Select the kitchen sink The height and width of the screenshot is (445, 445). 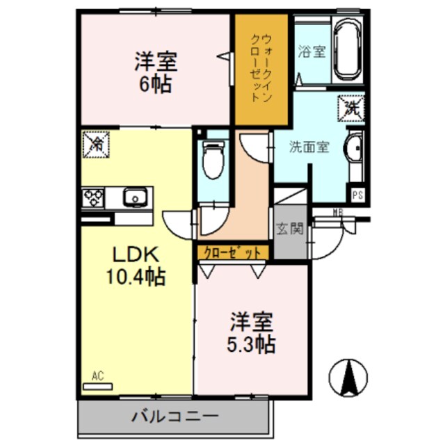pyautogui.click(x=133, y=198)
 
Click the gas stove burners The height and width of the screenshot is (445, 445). pyautogui.click(x=94, y=198)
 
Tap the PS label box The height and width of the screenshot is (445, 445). pyautogui.click(x=357, y=196)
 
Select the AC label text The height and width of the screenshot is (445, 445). pyautogui.click(x=97, y=376)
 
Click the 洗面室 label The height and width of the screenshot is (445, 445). pyautogui.click(x=309, y=147)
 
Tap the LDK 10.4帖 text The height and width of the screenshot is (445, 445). pyautogui.click(x=135, y=265)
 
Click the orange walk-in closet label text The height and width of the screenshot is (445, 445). pyautogui.click(x=261, y=67)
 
